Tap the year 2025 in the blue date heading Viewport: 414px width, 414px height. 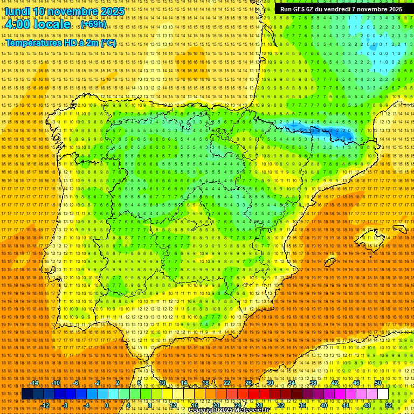(x=112, y=11)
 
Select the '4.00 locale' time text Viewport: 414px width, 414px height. (x=37, y=24)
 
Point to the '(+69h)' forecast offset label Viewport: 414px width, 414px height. (x=94, y=25)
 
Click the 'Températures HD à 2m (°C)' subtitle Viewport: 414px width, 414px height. (x=61, y=43)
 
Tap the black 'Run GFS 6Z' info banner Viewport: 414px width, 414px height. (x=341, y=9)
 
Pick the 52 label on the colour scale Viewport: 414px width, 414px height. (x=389, y=405)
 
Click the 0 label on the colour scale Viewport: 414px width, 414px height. (x=107, y=405)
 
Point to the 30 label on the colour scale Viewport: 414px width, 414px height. (x=270, y=383)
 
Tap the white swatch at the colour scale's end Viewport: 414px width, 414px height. (x=383, y=394)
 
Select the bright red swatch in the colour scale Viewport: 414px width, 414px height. (x=253, y=394)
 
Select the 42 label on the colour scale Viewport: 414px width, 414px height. (x=335, y=383)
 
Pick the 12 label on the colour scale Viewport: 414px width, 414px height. (x=173, y=405)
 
